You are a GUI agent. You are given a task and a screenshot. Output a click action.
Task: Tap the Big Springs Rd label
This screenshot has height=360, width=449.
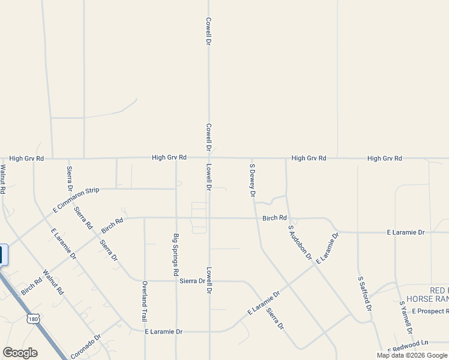coord(176,254)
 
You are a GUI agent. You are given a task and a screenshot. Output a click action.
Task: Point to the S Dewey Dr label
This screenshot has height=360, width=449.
coord(253,180)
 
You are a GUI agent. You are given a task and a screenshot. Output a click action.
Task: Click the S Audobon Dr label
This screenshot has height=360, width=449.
coord(300,243)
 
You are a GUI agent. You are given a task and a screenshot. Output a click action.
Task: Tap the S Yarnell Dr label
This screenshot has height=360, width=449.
coord(406,318)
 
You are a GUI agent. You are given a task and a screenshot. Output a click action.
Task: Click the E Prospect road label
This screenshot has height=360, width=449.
coord(426,311)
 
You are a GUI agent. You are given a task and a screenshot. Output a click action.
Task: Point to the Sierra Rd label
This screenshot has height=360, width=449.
coord(83,217)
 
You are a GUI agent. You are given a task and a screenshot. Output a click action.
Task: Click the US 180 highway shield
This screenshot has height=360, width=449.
coord(34,319)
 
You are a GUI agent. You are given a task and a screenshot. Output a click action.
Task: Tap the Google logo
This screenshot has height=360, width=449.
coord(20,353)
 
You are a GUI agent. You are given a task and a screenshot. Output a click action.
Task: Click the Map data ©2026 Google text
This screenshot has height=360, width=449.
coord(411,355)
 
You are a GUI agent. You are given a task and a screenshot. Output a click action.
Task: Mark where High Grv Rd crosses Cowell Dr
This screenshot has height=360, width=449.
coord(208,158)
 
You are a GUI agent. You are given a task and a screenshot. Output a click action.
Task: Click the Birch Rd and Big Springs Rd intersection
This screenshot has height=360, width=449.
coord(176,218)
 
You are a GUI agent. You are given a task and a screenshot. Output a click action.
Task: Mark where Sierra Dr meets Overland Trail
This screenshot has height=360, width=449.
coord(145,281)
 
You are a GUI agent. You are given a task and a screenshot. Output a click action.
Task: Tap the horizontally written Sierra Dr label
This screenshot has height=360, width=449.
coord(192,281)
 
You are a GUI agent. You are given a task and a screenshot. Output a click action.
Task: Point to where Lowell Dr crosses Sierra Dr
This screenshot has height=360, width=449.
coord(209,281)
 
